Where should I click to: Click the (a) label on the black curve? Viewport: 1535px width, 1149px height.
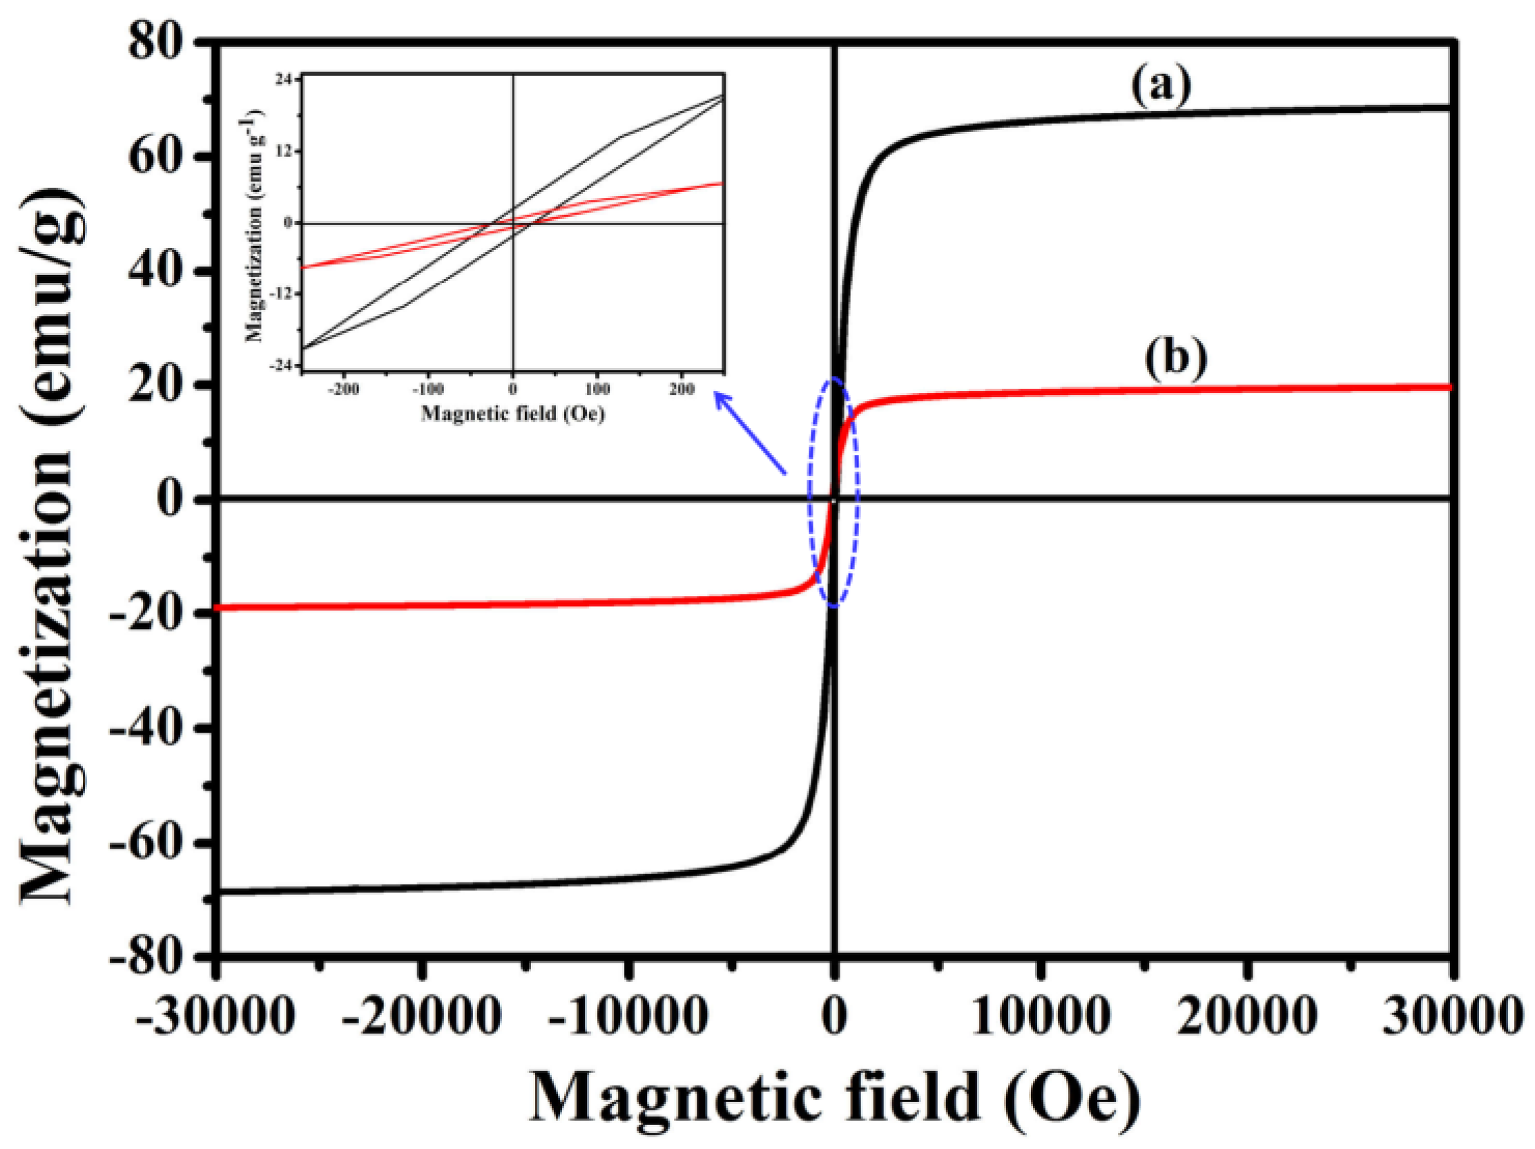[1160, 88]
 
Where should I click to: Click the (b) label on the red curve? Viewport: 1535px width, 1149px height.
[1175, 361]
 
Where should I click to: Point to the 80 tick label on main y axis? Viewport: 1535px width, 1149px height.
[157, 44]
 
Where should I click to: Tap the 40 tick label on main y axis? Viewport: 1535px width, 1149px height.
[157, 272]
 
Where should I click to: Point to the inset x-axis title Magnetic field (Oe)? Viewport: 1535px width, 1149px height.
[513, 414]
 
